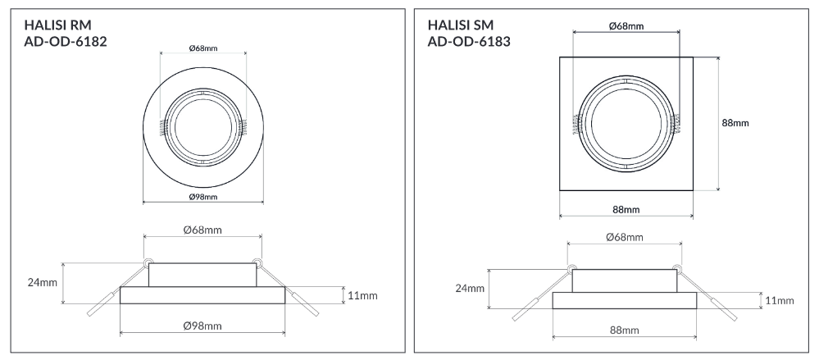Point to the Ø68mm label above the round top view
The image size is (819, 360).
click(202, 48)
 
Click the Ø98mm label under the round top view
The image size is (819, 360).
click(202, 197)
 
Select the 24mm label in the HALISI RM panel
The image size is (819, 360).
click(43, 283)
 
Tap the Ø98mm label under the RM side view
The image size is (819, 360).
click(202, 326)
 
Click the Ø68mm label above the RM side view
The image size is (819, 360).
click(202, 230)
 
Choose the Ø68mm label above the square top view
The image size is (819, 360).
click(626, 26)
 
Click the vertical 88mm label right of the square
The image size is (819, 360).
click(735, 123)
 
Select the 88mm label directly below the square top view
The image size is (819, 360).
click(626, 210)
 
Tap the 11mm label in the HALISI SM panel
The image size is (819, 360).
click(780, 300)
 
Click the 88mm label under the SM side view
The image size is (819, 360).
click(625, 330)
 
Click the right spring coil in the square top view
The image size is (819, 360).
click(678, 123)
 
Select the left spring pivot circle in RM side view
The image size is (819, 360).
click(148, 262)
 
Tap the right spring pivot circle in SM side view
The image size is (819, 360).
click(677, 268)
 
